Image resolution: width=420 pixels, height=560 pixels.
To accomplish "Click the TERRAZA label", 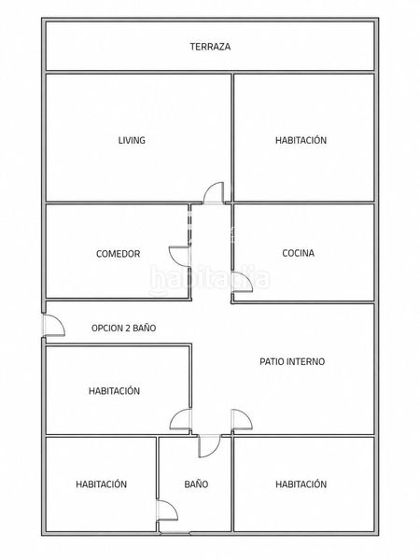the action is pyautogui.click(x=210, y=47).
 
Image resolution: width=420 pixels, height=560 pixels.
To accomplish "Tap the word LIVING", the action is pyautogui.click(x=132, y=140).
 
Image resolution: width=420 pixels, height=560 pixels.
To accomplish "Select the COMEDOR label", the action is pyautogui.click(x=119, y=254).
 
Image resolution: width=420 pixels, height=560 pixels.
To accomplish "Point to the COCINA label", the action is pyautogui.click(x=299, y=253).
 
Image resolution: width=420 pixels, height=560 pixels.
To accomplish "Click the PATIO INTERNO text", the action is pyautogui.click(x=292, y=361).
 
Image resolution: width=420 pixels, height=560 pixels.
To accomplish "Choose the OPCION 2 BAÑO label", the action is pyautogui.click(x=123, y=328).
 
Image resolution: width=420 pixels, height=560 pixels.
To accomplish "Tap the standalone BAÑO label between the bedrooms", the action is pyautogui.click(x=196, y=483).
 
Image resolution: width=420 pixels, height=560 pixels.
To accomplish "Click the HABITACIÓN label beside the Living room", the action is pyautogui.click(x=301, y=140).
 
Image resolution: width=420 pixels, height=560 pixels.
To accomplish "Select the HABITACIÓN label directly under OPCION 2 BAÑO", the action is pyautogui.click(x=114, y=391).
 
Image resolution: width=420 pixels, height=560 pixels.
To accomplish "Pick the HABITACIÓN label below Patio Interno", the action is pyautogui.click(x=301, y=483).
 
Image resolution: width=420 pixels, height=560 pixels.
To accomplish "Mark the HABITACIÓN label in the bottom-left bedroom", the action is pyautogui.click(x=101, y=483).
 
